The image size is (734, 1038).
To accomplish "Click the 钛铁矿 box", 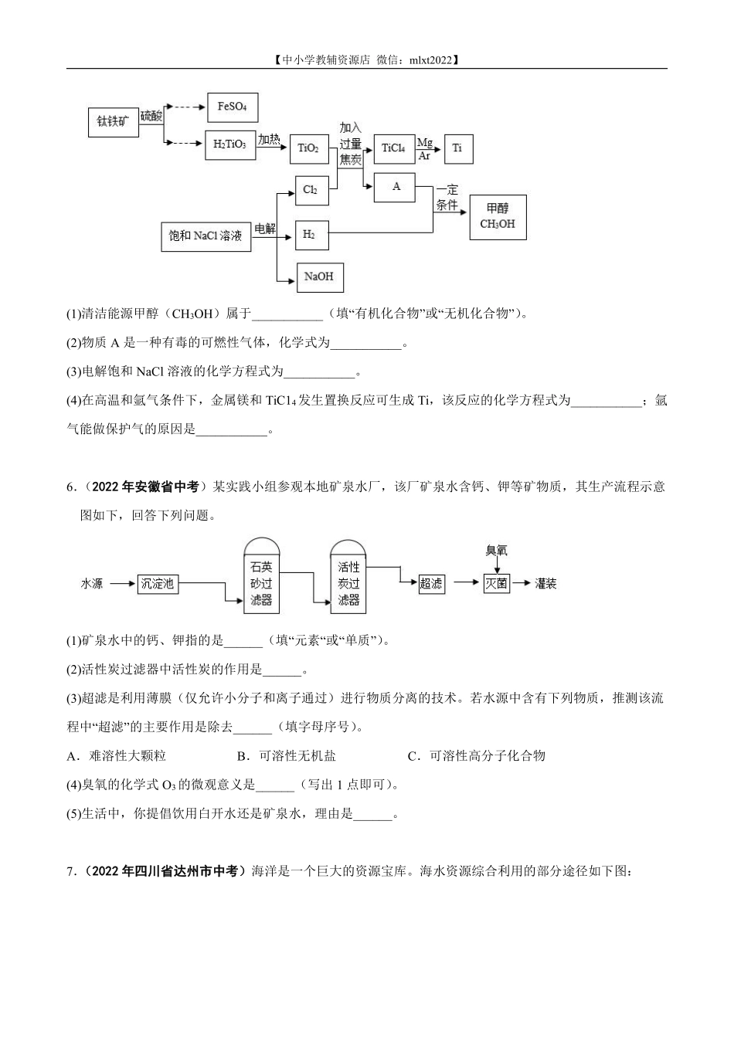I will (114, 122).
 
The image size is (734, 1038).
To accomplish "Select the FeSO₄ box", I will (232, 107).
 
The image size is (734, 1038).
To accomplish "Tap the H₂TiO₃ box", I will (230, 144).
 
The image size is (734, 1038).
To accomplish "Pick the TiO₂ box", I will (308, 148).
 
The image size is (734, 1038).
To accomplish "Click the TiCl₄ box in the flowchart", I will (393, 148).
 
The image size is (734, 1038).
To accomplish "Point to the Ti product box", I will (457, 148).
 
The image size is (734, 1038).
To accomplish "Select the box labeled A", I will (396, 187).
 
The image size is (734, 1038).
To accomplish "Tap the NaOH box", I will (319, 276).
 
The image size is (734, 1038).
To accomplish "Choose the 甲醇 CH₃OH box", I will (498, 216).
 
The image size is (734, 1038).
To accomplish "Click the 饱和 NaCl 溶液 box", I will (206, 236).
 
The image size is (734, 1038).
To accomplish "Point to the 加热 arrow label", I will (269, 139).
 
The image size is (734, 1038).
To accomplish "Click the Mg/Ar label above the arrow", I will (425, 148).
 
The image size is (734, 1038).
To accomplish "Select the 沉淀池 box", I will (157, 584).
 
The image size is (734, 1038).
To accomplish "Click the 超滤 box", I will (431, 584).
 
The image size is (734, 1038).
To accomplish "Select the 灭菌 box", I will (497, 584).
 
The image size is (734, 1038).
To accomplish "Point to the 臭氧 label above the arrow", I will (496, 551).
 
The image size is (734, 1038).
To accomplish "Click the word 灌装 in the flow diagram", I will (545, 584).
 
